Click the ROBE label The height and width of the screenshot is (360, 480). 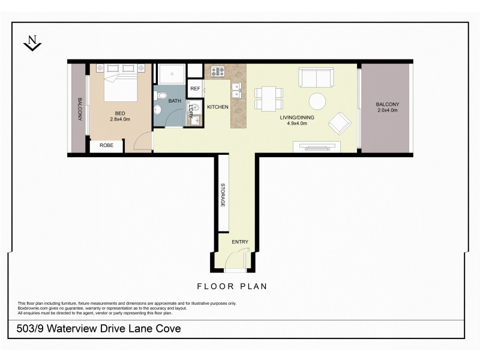point(106,145)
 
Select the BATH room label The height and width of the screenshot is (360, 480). point(174,101)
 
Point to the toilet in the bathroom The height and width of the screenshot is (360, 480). point(158,110)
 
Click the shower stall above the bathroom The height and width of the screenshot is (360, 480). point(171,74)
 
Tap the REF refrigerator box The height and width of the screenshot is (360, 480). point(195,88)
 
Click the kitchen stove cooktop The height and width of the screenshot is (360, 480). point(217,72)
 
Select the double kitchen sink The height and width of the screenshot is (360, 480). point(238,89)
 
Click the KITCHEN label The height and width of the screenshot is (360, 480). point(217,107)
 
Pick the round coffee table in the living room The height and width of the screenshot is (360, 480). point(317,101)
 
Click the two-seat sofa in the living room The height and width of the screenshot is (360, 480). point(316,77)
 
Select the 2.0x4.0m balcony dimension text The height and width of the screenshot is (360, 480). point(388,110)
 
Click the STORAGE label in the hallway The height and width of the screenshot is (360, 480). point(223,195)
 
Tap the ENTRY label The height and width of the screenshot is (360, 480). point(240,242)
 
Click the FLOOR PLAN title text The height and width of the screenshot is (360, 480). point(233,287)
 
